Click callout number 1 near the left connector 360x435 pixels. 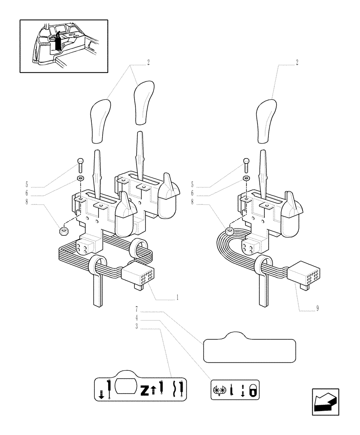click(x=177, y=298)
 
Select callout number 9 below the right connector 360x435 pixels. click(x=317, y=308)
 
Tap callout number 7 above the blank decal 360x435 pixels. click(x=137, y=309)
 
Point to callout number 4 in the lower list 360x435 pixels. click(x=137, y=318)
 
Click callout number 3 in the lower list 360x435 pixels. click(x=137, y=327)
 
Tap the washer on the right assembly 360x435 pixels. click(x=247, y=178)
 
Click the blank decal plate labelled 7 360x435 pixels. click(x=249, y=348)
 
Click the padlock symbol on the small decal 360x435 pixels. click(x=253, y=390)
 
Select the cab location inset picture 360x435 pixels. click(x=63, y=46)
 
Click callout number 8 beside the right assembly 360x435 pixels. click(x=192, y=202)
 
